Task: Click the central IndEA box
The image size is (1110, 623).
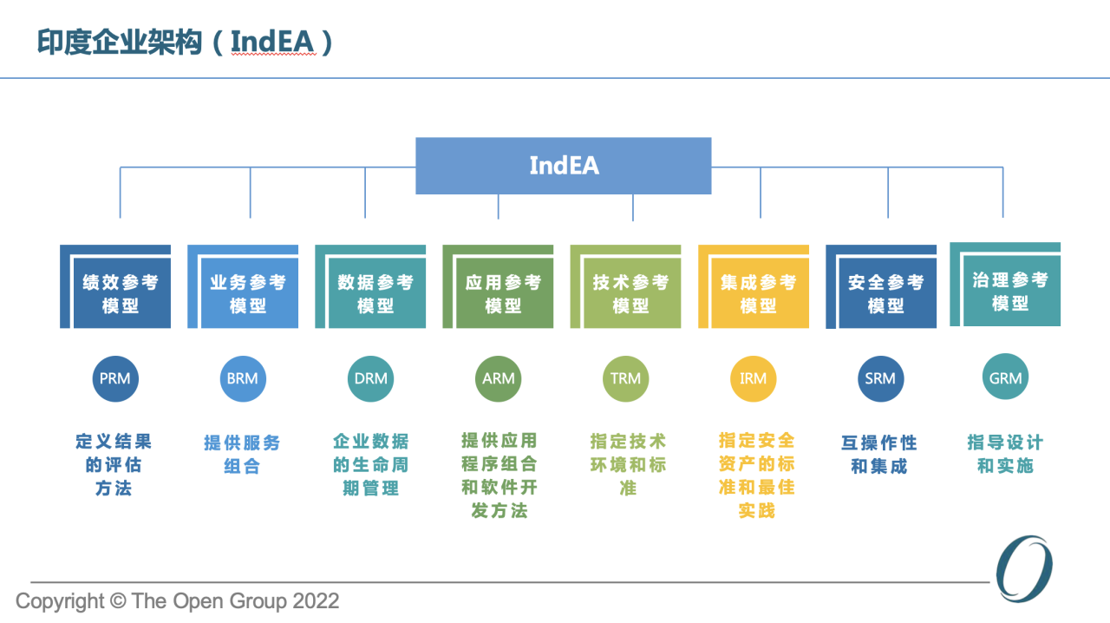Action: [564, 166]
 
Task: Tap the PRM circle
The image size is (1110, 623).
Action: [115, 378]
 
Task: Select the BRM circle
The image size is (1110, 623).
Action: [243, 378]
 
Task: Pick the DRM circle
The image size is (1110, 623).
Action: [370, 378]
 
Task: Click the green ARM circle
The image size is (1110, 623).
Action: [498, 378]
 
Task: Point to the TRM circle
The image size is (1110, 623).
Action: [625, 378]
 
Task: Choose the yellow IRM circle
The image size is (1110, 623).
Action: [754, 378]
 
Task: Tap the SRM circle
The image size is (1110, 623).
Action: [880, 378]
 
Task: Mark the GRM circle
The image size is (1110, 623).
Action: [1005, 377]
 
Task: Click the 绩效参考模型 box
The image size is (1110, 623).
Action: [115, 286]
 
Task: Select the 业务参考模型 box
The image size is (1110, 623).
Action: [243, 286]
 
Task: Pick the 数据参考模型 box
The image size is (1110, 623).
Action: [370, 286]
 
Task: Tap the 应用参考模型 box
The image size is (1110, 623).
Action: [498, 286]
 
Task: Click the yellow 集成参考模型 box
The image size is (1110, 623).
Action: [754, 286]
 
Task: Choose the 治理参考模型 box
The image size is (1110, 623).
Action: [1005, 285]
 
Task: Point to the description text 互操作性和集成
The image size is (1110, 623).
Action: [879, 455]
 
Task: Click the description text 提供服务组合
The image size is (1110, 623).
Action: [242, 455]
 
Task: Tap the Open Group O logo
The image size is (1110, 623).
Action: [1024, 568]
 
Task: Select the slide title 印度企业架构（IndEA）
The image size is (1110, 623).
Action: [185, 42]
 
